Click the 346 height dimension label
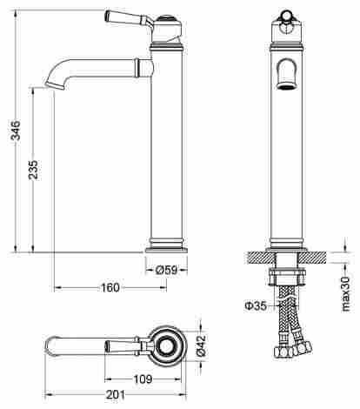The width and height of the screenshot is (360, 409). click(16, 131)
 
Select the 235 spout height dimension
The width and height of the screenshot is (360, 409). click(33, 170)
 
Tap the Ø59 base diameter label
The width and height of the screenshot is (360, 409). click(166, 271)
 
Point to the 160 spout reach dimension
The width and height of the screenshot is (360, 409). click(110, 288)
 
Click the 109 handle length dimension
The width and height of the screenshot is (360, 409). click(143, 379)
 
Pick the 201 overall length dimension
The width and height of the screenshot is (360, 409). click(116, 395)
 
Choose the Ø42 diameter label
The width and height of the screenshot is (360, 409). click(202, 345)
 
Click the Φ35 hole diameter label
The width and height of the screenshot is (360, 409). click(256, 305)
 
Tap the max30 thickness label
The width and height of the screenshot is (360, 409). click(346, 293)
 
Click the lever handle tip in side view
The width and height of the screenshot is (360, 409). click(108, 16)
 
